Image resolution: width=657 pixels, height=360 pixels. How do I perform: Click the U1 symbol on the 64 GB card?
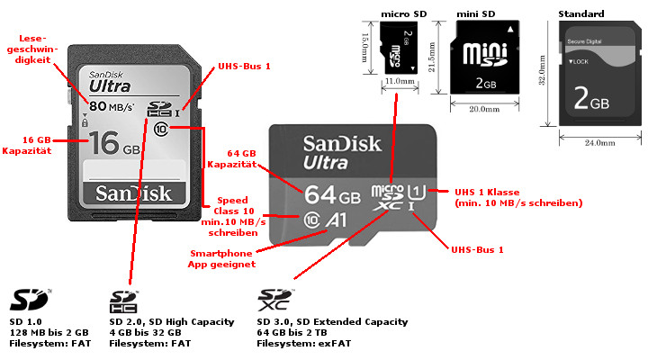pos(417,191)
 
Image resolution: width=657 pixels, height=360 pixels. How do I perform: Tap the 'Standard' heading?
pos(580,14)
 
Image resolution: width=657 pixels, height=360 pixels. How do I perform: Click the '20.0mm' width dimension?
pos(484,110)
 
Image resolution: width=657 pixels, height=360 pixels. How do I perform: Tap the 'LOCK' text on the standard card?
pos(579,60)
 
